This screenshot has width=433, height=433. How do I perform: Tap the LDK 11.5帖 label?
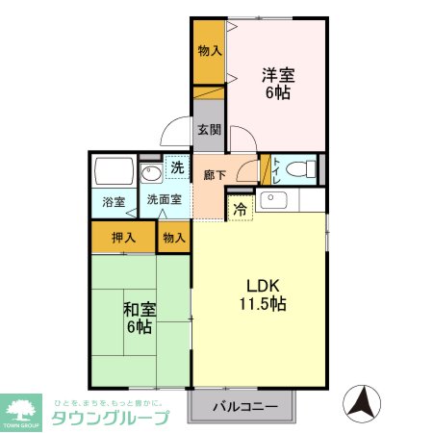pyautogui.click(x=263, y=294)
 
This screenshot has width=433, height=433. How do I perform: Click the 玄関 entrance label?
pyautogui.click(x=208, y=130)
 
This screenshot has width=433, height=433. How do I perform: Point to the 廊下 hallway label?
pyautogui.click(x=215, y=174)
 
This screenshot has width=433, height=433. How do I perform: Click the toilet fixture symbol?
pyautogui.click(x=301, y=168)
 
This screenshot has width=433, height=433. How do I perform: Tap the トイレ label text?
pyautogui.click(x=276, y=169)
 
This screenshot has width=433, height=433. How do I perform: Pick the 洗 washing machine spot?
pyautogui.click(x=176, y=167)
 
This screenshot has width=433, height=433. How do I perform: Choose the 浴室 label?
pyautogui.click(x=114, y=202)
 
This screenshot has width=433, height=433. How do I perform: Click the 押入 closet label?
pyautogui.click(x=123, y=237)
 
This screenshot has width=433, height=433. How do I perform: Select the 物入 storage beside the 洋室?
pyautogui.click(x=207, y=50)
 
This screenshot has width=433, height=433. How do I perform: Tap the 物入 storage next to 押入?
pyautogui.click(x=173, y=237)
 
